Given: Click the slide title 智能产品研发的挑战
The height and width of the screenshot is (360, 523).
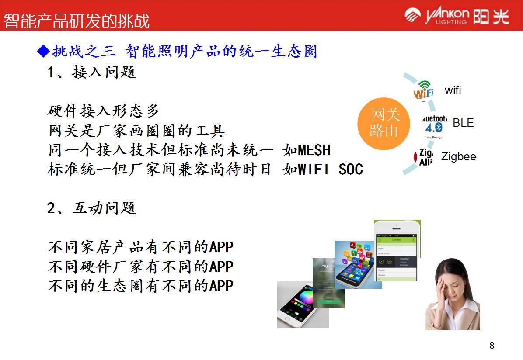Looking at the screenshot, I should click(77, 21).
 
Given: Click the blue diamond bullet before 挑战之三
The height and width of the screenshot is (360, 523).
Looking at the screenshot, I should click(43, 52).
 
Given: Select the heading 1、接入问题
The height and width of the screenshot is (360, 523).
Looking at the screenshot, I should click(91, 72).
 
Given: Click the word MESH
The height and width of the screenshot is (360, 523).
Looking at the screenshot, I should click(314, 150).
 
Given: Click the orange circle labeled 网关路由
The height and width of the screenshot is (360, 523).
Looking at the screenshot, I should click(384, 123).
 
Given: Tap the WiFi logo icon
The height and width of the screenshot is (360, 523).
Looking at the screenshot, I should click(423, 90).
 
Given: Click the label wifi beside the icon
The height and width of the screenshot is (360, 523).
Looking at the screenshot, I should click(453, 90).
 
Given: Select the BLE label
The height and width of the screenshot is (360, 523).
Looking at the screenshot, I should click(463, 123).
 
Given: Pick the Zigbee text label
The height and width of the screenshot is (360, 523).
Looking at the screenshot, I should click(458, 156).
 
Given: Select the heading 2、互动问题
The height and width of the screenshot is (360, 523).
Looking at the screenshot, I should click(91, 208).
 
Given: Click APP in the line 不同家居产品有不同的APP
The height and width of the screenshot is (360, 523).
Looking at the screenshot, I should click(221, 247).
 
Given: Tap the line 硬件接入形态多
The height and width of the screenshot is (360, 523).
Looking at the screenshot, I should click(104, 111).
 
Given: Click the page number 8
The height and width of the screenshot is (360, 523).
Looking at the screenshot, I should click(492, 346).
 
